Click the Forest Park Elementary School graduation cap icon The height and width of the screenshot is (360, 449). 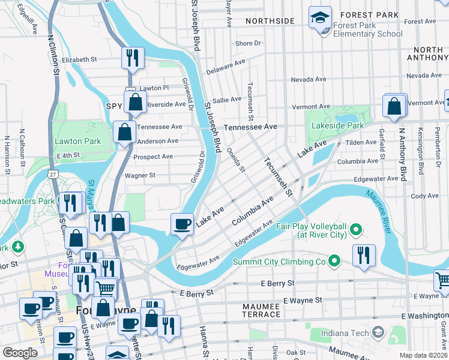click(320, 17)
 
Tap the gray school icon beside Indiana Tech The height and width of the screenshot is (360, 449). click(378, 332)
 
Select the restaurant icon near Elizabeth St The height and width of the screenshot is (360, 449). click(132, 58)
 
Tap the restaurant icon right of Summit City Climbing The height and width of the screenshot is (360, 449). click(364, 255)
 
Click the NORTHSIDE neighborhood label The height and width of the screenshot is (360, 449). click(270, 21)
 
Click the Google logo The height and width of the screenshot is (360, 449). click(20, 353)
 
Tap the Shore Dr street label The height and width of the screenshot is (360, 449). click(249, 43)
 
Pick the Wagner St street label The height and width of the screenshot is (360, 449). click(140, 176)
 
